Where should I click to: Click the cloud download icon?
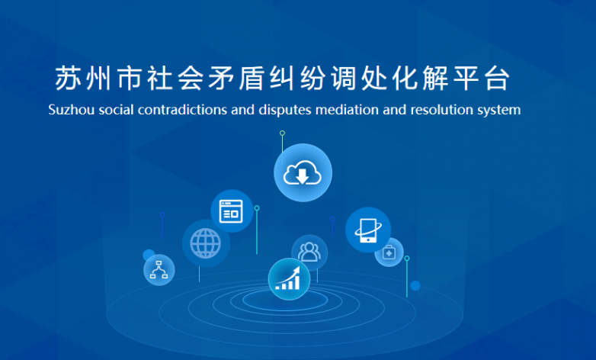pyautogui.click(x=303, y=172)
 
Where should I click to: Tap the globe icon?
pyautogui.click(x=205, y=243)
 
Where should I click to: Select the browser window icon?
pyautogui.click(x=231, y=211)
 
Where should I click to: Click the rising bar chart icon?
pyautogui.click(x=288, y=279)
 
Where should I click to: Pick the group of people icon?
pyautogui.click(x=309, y=252)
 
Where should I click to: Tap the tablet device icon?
pyautogui.click(x=368, y=230)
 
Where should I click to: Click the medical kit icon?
pyautogui.click(x=389, y=252)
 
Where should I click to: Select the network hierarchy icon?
pyautogui.click(x=159, y=269)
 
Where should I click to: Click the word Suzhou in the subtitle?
pyautogui.click(x=72, y=110)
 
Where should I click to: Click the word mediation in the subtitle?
pyautogui.click(x=347, y=110)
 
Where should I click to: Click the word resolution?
pyautogui.click(x=442, y=110)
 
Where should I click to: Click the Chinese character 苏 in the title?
pyautogui.click(x=67, y=79)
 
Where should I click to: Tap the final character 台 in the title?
pyautogui.click(x=497, y=79)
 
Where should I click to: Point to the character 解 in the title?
pyautogui.click(x=436, y=79)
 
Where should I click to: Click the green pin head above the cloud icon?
pyautogui.click(x=283, y=133)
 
